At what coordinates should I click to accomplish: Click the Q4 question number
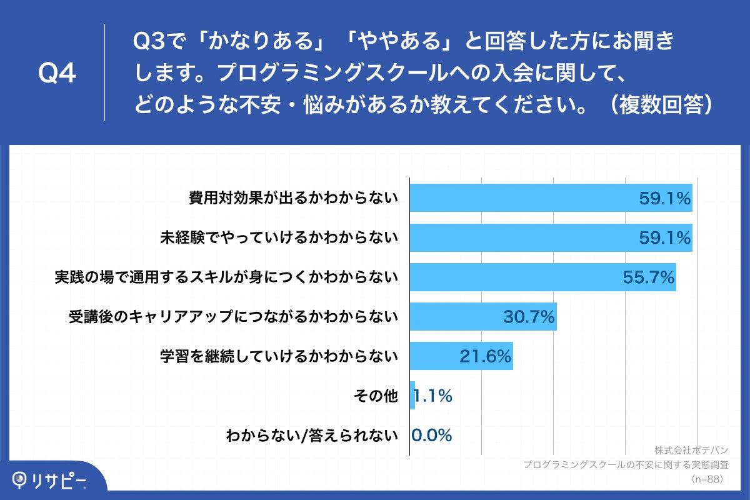tap(57, 74)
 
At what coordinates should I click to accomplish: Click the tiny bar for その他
tap(412, 396)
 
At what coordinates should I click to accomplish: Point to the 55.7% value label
tap(649, 277)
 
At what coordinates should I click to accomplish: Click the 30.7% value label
tap(529, 317)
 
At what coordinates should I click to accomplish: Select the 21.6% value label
tap(486, 356)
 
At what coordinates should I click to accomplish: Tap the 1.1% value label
tap(432, 396)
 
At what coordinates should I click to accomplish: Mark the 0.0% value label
tap(432, 435)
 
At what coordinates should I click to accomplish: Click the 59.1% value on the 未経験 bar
tap(664, 238)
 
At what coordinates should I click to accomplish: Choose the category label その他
tap(376, 396)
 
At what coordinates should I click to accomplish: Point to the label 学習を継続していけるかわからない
tap(279, 356)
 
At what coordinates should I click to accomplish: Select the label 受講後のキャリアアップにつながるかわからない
tap(233, 317)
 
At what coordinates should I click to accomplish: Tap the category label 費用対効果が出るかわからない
tap(294, 198)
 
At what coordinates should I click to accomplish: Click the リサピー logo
tap(50, 480)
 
